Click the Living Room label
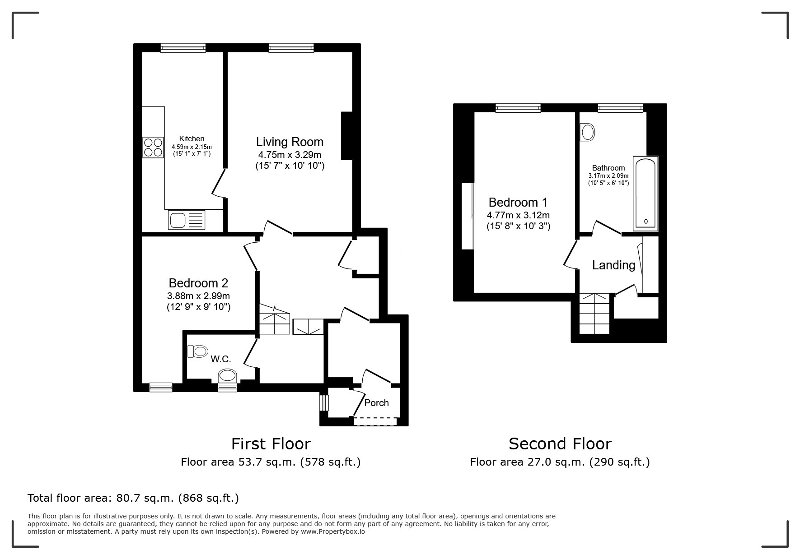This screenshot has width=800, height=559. pyautogui.click(x=290, y=142)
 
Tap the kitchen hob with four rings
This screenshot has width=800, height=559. pyautogui.click(x=153, y=148)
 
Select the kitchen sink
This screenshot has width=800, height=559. pyautogui.click(x=187, y=220)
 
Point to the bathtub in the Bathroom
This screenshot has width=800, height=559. pyautogui.click(x=646, y=193)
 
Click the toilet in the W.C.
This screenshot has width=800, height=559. pyautogui.click(x=197, y=351)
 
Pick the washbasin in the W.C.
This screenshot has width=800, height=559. pyautogui.click(x=227, y=376)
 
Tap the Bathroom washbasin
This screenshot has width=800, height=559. pyautogui.click(x=587, y=133)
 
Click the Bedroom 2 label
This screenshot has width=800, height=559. pyautogui.click(x=198, y=283)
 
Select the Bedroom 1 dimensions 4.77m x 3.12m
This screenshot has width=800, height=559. pyautogui.click(x=518, y=215)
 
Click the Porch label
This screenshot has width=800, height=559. pyautogui.click(x=376, y=403)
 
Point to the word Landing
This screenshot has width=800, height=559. pyautogui.click(x=613, y=265)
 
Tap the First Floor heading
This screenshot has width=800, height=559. pyautogui.click(x=271, y=444)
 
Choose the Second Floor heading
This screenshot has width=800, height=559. pyautogui.click(x=560, y=444)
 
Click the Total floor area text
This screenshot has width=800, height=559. pyautogui.click(x=133, y=498)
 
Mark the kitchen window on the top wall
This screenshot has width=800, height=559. pyautogui.click(x=183, y=48)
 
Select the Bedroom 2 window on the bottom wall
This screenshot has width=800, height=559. pyautogui.click(x=161, y=387)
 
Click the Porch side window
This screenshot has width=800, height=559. pyautogui.click(x=324, y=403)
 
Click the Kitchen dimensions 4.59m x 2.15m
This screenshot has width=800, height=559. pyautogui.click(x=192, y=147)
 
